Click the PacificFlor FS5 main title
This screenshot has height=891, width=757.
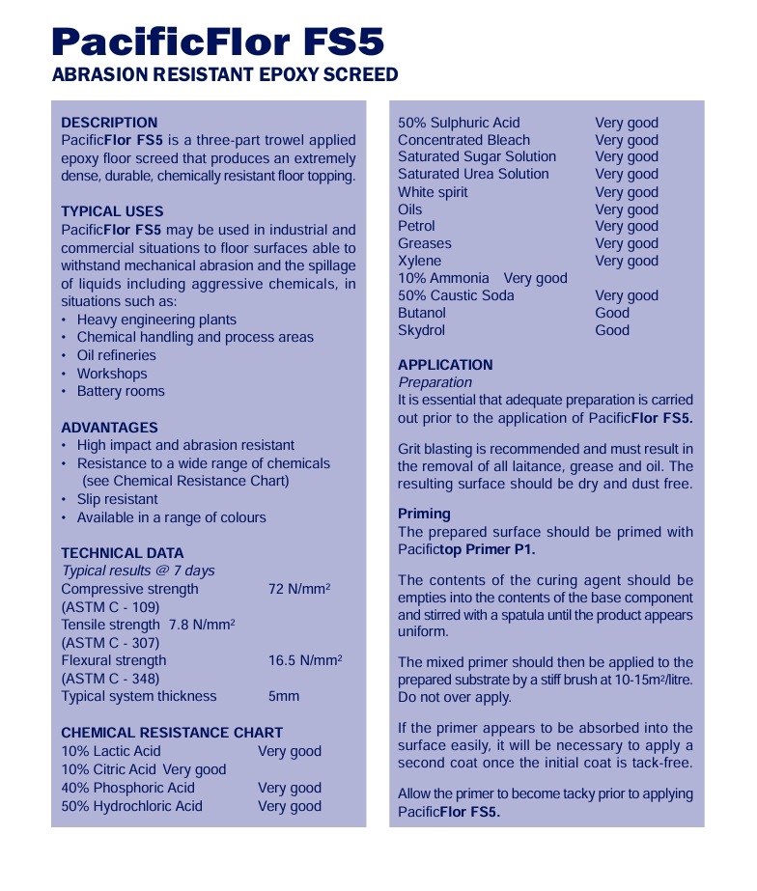[x=218, y=42]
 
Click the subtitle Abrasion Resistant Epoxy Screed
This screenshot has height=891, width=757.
[x=224, y=75]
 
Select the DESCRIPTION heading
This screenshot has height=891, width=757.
[x=109, y=123]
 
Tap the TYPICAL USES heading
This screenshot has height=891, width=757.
[x=112, y=211]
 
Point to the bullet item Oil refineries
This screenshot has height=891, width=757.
[x=116, y=355]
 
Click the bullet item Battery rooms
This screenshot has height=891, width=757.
[x=121, y=391]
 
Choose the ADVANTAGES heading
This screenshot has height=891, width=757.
[x=109, y=428]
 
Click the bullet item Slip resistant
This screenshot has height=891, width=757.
[x=118, y=499]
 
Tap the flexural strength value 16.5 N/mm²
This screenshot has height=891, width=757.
[x=305, y=660]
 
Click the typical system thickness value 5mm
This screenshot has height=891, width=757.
[x=284, y=696]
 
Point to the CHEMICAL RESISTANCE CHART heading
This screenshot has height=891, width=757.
[x=172, y=733]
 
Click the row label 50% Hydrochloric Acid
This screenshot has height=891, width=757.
[x=131, y=806]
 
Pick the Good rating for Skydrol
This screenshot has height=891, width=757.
[x=612, y=330]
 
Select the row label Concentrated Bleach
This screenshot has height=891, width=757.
[x=463, y=140]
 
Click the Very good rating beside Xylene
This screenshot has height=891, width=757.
[x=627, y=261]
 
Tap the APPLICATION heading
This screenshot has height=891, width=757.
[x=445, y=365]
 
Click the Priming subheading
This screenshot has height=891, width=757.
[x=424, y=514]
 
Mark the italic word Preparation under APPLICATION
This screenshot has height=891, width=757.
[x=435, y=382]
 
